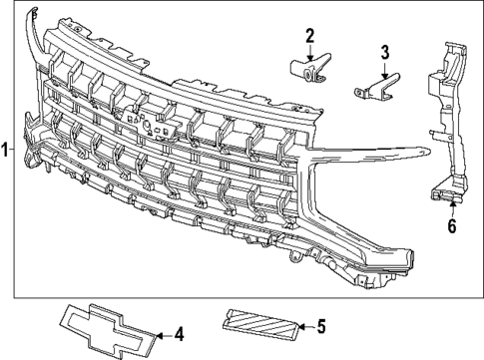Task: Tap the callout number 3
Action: tap(382, 53)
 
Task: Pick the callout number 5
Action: tap(320, 324)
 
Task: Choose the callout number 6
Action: tap(451, 226)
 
